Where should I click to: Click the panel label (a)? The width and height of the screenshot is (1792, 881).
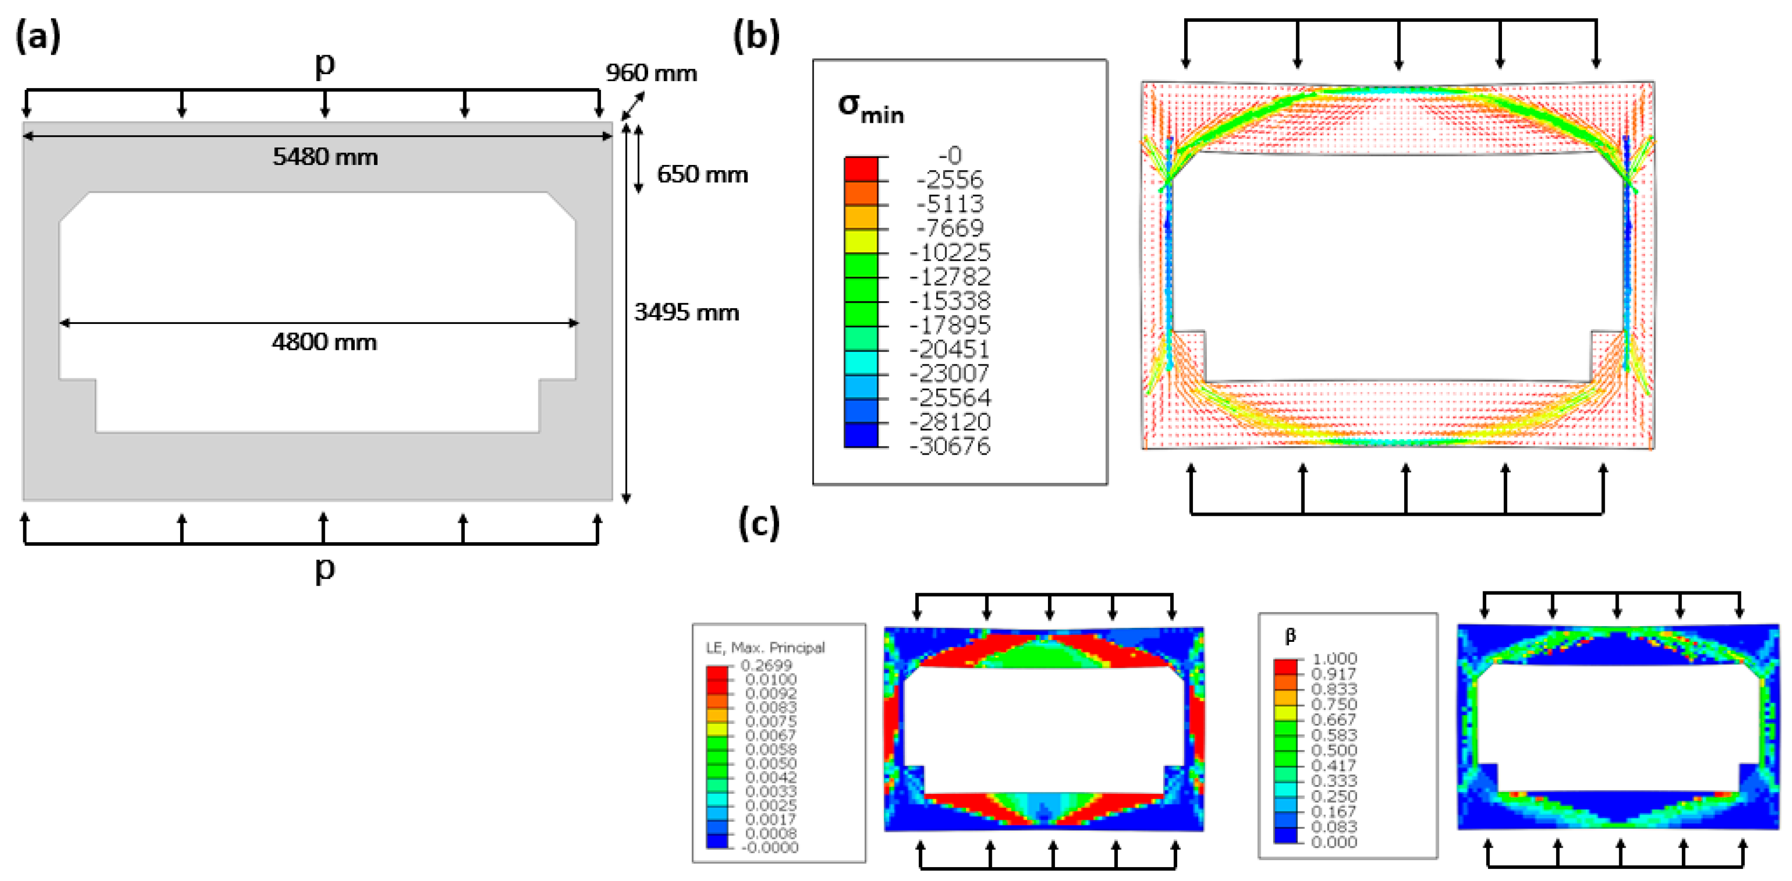pyautogui.click(x=38, y=36)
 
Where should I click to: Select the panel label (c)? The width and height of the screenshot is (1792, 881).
pyautogui.click(x=758, y=523)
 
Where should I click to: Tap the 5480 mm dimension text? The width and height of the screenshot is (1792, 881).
pyautogui.click(x=325, y=157)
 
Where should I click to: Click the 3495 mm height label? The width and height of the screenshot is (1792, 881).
pyautogui.click(x=686, y=312)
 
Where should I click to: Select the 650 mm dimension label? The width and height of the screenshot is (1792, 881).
pyautogui.click(x=702, y=174)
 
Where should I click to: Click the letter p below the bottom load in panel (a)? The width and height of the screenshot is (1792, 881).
pyautogui.click(x=325, y=569)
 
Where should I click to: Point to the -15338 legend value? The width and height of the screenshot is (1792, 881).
pyautogui.click(x=950, y=301)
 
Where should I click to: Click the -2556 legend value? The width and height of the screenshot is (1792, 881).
pyautogui.click(x=950, y=179)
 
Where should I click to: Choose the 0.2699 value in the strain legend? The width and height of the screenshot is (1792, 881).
pyautogui.click(x=766, y=666)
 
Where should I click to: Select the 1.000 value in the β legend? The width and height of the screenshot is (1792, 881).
pyautogui.click(x=1333, y=658)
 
